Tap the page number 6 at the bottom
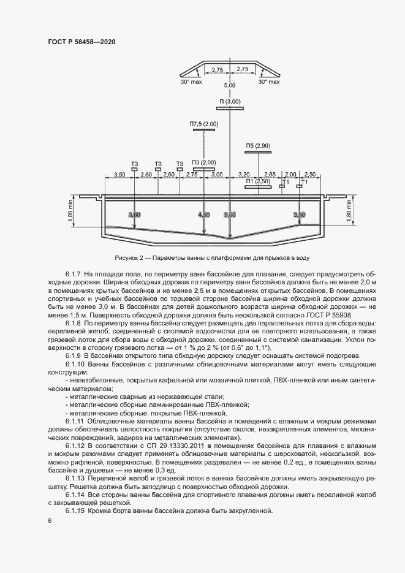click(49, 521)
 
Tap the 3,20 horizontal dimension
click(243, 174)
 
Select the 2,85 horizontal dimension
click(270, 174)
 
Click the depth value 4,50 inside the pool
click(204, 215)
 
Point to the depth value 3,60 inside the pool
click(134, 215)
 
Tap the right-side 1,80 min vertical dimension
click(349, 211)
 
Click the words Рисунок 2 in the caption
click(127, 257)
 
